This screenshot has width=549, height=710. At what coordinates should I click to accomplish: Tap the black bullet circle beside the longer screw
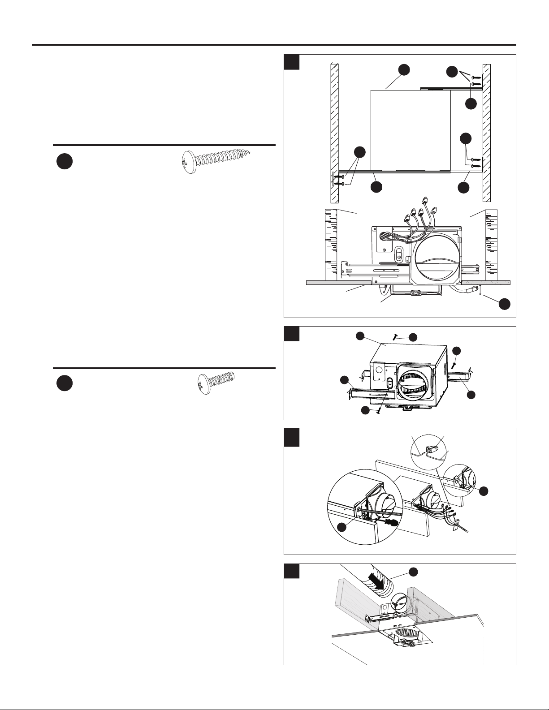65,161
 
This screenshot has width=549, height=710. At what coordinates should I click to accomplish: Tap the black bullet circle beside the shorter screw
65,383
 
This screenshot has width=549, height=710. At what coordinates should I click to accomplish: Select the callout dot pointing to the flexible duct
414,571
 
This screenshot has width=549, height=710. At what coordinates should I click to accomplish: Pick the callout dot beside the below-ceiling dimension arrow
504,303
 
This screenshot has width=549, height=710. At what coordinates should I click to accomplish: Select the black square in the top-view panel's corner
292,62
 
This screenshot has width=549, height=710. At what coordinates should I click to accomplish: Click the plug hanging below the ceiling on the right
470,290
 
